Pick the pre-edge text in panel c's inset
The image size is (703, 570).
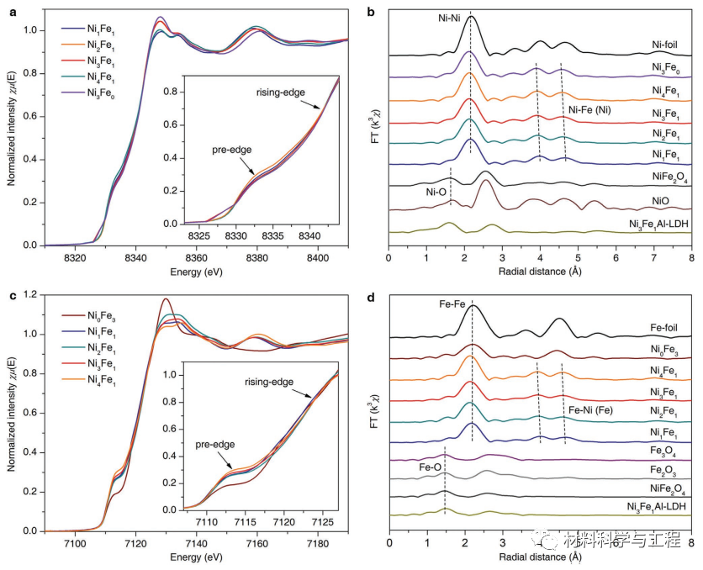[x=216, y=443]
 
